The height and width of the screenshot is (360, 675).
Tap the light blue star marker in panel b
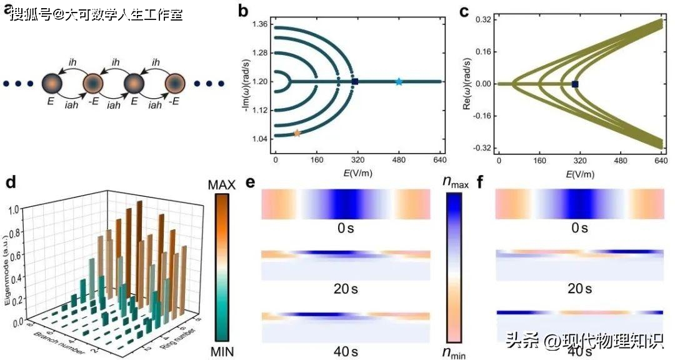click(x=399, y=81)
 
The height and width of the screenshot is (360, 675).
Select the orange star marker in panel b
click(x=297, y=132)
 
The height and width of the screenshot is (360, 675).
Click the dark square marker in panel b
click(x=355, y=81)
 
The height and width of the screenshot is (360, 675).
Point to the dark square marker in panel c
click(x=575, y=84)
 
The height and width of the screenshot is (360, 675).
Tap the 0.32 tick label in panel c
click(x=480, y=20)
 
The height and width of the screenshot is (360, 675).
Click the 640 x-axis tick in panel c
click(x=660, y=161)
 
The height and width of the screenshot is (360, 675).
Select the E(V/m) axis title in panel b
click(x=357, y=173)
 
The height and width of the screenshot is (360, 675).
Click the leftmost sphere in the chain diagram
click(x=52, y=83)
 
